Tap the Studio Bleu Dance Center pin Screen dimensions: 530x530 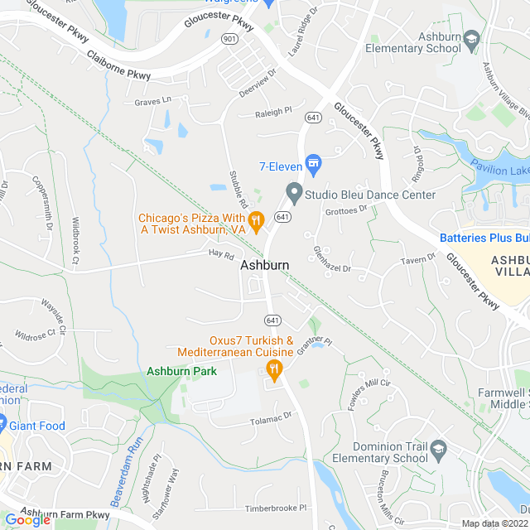click(293, 194)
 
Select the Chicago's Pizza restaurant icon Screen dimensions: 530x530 click(256, 220)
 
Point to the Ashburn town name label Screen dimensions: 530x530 click(265, 266)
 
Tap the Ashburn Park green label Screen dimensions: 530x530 click(181, 371)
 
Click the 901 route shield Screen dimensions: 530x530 click(229, 38)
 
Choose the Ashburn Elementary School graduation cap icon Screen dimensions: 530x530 click(471, 39)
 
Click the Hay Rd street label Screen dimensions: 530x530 click(221, 255)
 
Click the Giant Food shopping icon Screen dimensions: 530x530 click(3, 426)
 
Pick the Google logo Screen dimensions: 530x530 click(27, 519)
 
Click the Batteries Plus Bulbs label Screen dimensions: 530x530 click(484, 238)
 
